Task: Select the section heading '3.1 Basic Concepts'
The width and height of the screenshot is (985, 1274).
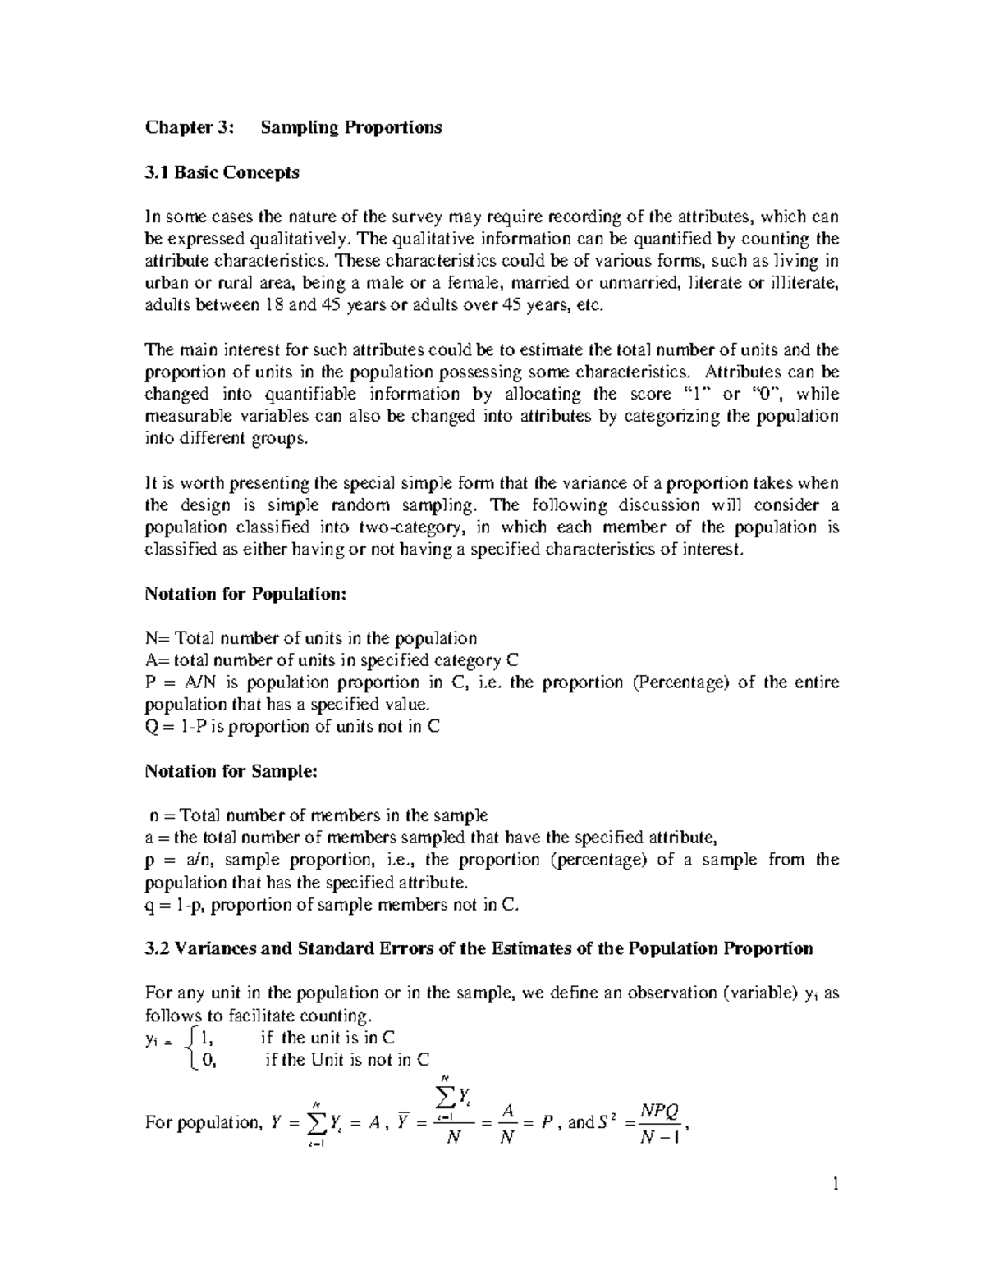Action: pyautogui.click(x=222, y=172)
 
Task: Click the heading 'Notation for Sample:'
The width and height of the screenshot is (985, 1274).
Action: pyautogui.click(x=230, y=771)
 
